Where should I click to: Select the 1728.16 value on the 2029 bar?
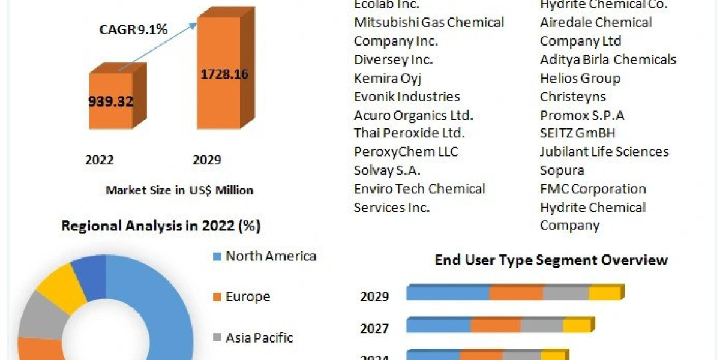coord(223,74)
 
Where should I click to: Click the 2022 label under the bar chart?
coord(100,160)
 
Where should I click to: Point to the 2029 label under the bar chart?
coord(206,160)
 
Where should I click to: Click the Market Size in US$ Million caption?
coord(179,190)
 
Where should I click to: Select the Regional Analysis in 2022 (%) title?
coord(161,226)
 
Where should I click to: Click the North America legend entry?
coord(270,256)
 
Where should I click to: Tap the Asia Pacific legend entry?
coord(259,338)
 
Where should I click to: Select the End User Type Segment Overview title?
coord(551,260)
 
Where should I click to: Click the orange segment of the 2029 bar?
coord(516,293)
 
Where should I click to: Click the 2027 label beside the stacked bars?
coord(374,329)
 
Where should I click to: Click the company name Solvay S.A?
coord(387,170)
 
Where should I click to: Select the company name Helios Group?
coord(580,78)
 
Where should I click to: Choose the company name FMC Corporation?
coord(593,189)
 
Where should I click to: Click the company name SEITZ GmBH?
coord(577,133)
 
